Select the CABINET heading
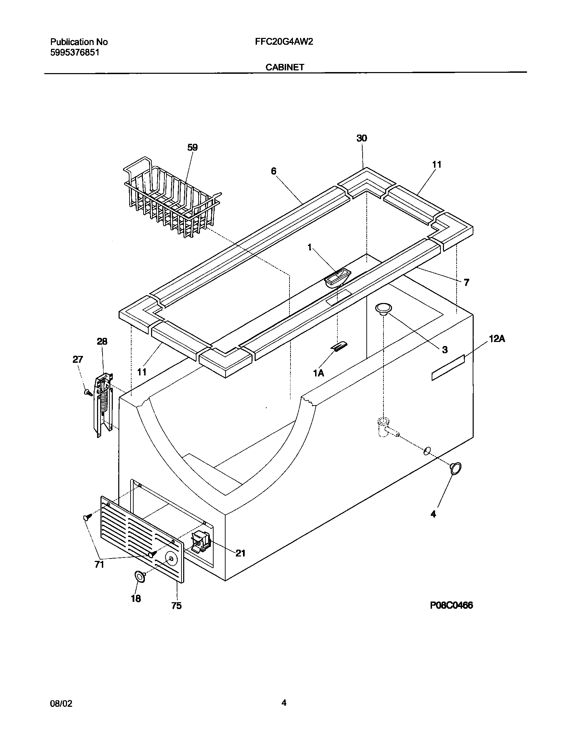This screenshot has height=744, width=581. pos(285,67)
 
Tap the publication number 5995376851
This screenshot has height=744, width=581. pos(75,52)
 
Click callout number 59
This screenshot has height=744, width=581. pos(192,148)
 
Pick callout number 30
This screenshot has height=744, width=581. pos(362,138)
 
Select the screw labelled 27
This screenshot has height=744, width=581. pos(88,392)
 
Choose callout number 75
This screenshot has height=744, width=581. pos(176,606)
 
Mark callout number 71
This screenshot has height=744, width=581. pos(99,565)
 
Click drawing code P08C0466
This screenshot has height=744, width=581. pos(451,605)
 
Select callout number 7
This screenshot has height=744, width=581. pos(466,283)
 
